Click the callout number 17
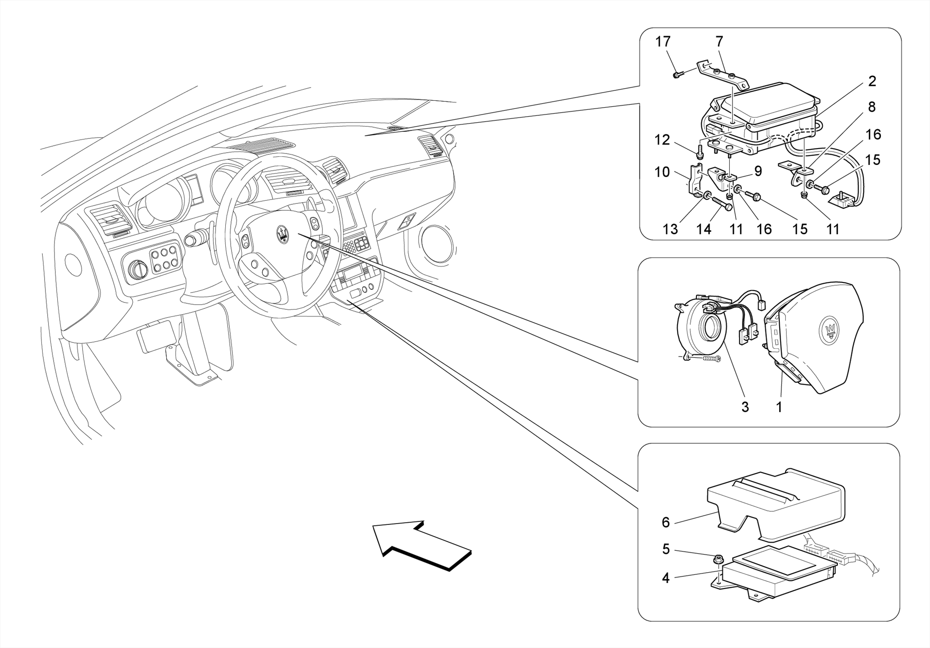tap(663, 42)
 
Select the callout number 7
tap(719, 42)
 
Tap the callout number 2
tap(872, 81)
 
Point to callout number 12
tap(663, 140)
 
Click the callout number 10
tap(662, 172)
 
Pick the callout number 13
tap(670, 229)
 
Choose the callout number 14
tap(703, 229)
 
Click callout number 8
tap(872, 107)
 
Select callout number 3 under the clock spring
tap(745, 407)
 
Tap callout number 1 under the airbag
tap(779, 407)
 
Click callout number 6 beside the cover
tap(665, 523)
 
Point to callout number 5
tap(666, 549)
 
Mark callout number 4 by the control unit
tap(665, 578)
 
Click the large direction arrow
tap(420, 544)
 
